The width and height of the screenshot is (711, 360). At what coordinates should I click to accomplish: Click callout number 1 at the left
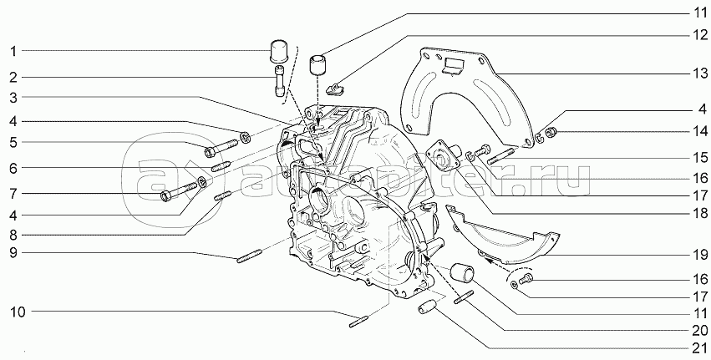coord(13,52)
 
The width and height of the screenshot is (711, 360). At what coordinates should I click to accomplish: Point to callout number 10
coord(18,313)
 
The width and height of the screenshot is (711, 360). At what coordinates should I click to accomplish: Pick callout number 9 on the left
coord(13,252)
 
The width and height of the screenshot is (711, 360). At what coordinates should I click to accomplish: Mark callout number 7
coord(13,194)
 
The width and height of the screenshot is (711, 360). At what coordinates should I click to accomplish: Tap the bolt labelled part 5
coord(219,151)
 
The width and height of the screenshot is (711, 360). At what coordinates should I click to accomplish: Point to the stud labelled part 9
coord(251,256)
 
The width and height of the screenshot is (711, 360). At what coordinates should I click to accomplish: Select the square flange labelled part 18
coord(439,160)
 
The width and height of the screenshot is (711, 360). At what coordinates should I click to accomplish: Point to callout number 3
coord(13,97)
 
